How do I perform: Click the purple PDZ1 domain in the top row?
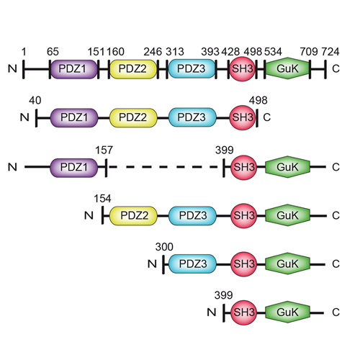coord(74,69)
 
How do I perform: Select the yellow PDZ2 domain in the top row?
coord(133,69)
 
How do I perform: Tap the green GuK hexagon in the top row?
coord(287,68)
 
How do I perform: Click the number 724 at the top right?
coord(330,52)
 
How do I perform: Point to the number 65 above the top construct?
coord(53,52)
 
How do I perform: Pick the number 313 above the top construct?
coord(175,52)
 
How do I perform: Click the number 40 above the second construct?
coord(35,100)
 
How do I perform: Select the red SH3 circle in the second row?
coord(242,117)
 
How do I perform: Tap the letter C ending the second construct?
coord(267,117)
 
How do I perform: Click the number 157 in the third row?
coord(104,150)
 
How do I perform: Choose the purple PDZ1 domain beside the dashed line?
coord(74,168)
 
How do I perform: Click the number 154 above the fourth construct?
coord(102,199)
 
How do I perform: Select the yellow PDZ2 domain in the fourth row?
coord(133,216)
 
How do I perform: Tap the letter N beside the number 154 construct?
coord(89,215)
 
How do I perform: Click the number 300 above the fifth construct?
coord(164,247)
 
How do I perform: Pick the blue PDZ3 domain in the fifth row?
coord(192,264)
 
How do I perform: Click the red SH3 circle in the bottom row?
coord(243,312)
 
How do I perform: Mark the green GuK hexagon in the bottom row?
coord(287,312)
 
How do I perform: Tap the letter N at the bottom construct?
coord(212,312)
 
